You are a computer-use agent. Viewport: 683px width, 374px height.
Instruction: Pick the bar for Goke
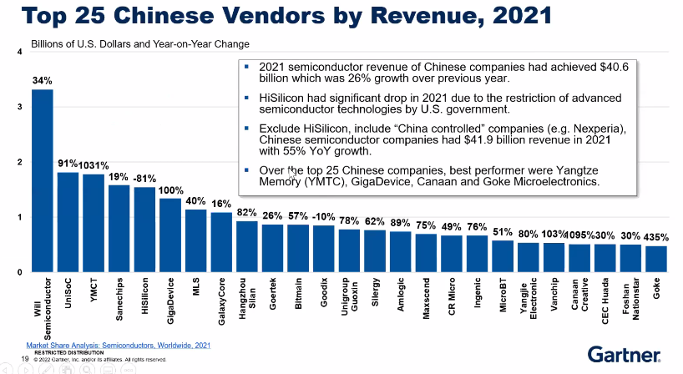(656, 259)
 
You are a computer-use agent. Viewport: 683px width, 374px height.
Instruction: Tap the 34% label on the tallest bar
(42, 80)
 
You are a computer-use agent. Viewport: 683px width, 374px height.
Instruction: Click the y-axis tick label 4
(19, 53)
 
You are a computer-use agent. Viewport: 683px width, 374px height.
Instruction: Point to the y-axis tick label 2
(19, 163)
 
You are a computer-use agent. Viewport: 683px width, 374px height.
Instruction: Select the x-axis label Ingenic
(477, 296)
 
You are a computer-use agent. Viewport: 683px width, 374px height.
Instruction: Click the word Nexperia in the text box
(598, 129)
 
